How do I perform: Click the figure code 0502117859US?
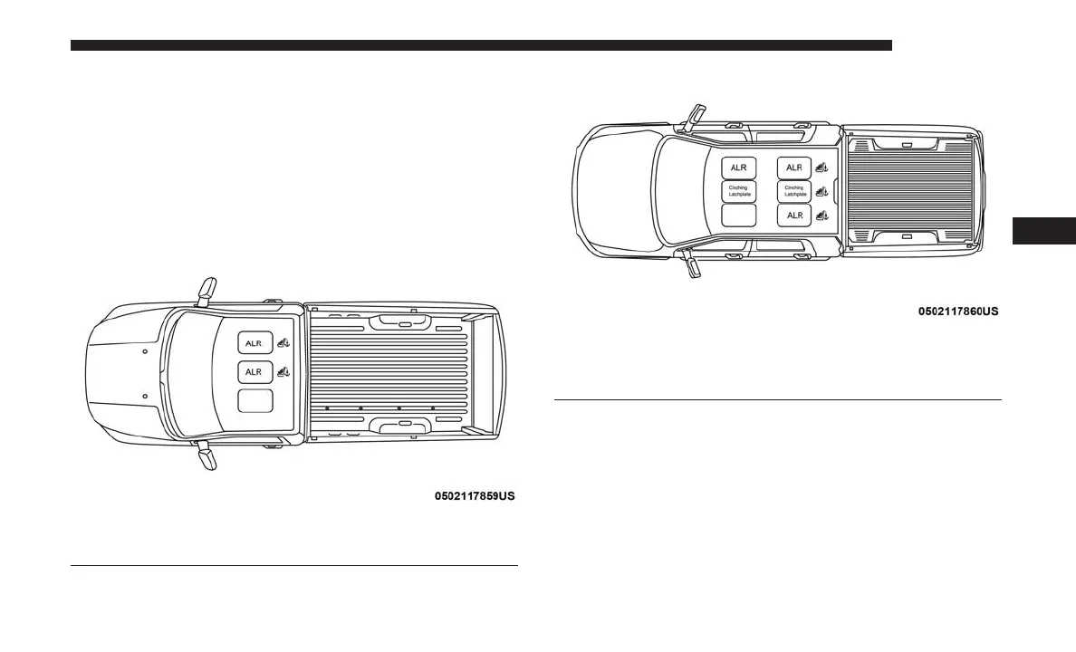tap(475, 497)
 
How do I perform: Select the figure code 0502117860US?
tap(958, 312)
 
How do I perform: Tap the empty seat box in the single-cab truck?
tap(255, 402)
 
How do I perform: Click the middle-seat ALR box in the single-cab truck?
tap(255, 372)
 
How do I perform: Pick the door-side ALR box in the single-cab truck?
tap(255, 342)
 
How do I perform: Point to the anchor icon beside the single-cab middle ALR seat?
tap(284, 371)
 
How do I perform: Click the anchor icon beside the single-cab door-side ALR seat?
tap(284, 341)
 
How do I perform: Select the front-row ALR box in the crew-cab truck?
tap(739, 168)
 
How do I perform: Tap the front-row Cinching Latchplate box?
tap(739, 191)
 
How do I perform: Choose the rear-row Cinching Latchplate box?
tap(794, 191)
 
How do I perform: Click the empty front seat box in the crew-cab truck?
tap(739, 216)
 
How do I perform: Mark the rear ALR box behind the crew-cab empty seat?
tap(794, 216)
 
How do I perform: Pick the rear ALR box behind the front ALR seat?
tap(794, 168)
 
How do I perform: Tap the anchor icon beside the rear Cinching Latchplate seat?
tap(822, 191)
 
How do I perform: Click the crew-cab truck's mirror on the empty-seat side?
tap(693, 265)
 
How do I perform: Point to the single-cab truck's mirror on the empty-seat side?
tap(207, 457)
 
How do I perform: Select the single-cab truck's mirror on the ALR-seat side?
tap(207, 288)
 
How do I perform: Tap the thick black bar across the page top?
tap(481, 45)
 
